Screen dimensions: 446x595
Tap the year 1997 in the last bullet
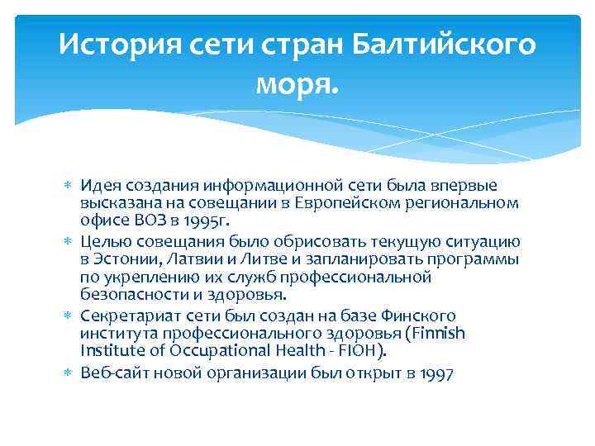436,373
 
